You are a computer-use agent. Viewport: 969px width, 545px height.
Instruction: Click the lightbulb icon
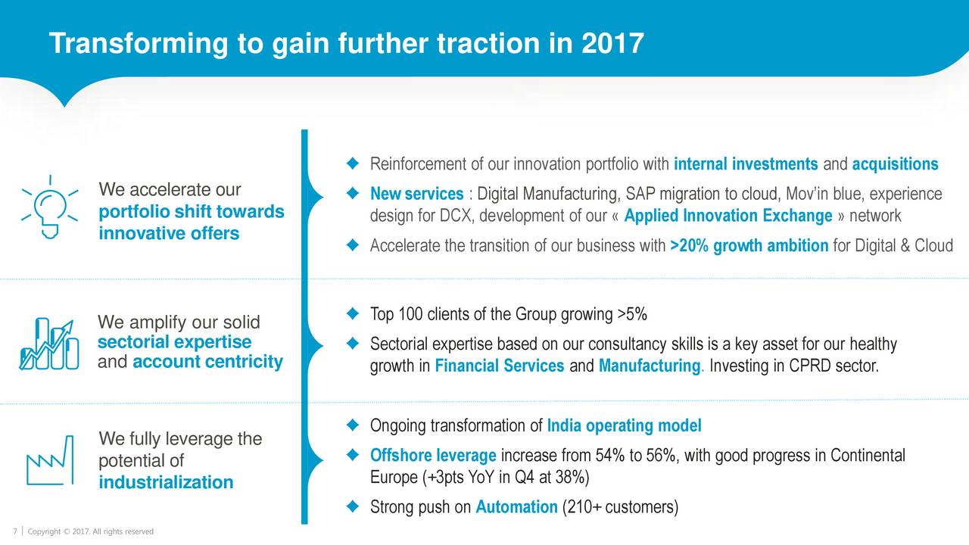coord(50,207)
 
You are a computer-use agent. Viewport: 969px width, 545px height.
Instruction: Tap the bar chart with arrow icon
coord(49,344)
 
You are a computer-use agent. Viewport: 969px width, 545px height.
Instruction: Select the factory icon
coord(50,460)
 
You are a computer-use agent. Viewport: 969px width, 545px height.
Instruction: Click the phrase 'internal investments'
coord(746,164)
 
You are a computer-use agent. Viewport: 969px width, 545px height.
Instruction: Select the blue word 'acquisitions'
coord(895,164)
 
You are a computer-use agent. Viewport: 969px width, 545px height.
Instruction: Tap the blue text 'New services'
coord(416,194)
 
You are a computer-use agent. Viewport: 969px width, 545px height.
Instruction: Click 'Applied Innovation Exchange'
coord(728,216)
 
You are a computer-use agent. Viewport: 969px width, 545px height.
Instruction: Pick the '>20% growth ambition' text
coord(749,246)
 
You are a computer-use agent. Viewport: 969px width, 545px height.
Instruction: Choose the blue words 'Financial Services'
coord(500,366)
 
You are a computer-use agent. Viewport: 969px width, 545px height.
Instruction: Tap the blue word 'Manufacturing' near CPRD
coord(650,366)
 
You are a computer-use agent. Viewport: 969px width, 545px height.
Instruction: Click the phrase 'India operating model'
coord(625,425)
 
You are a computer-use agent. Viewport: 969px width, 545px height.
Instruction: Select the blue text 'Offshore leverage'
coord(433,456)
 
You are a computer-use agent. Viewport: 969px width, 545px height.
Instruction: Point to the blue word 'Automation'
coord(516,506)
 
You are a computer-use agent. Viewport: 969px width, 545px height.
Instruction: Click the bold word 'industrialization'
coord(166,482)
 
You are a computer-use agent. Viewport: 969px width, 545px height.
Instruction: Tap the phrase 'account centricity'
coord(207,362)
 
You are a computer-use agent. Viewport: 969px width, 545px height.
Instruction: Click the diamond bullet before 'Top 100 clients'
coord(353,313)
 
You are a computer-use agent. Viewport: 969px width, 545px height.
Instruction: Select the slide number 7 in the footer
coord(15,531)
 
